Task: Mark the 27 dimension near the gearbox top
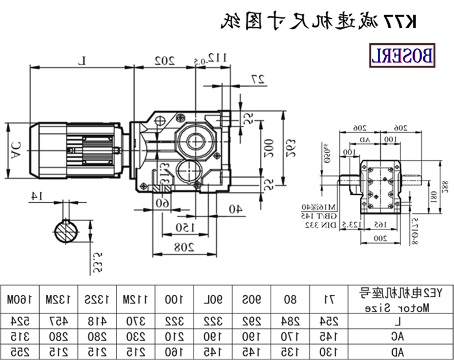tap(258, 81)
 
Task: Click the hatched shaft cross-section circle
tap(68, 233)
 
